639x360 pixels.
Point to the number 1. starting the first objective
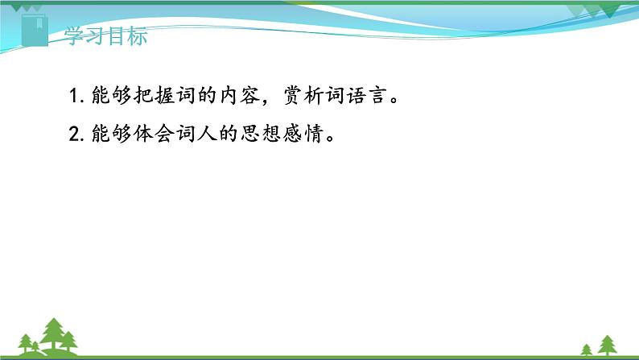pos(77,97)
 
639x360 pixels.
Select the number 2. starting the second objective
pos(77,134)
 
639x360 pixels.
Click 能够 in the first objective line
pos(108,97)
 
